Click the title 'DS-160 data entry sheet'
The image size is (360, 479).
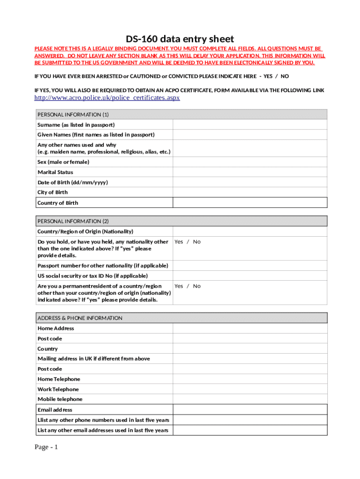coord(180,39)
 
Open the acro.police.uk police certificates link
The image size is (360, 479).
coord(107,98)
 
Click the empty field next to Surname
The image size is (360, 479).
coord(250,125)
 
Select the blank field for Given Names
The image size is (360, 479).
coord(250,135)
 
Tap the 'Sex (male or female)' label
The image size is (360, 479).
coord(63,162)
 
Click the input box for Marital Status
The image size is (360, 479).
coord(250,172)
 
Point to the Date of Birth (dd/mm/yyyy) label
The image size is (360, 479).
coord(72,182)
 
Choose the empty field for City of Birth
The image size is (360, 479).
coord(250,192)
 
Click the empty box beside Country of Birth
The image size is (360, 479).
coord(250,203)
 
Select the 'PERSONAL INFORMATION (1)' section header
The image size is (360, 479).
coord(73,115)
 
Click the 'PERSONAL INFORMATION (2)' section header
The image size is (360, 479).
coord(73,221)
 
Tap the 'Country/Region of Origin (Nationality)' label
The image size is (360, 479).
coord(85,232)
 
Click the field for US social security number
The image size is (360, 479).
coord(250,276)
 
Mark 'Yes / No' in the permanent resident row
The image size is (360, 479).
coord(187,286)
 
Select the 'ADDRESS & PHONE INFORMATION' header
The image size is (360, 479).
coord(80,318)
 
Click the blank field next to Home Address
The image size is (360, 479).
coord(250,328)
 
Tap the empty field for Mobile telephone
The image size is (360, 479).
coord(250,399)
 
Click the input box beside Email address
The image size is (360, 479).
coord(250,410)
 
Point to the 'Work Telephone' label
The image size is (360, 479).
coord(58,389)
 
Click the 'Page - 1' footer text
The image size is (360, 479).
coord(46,448)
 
